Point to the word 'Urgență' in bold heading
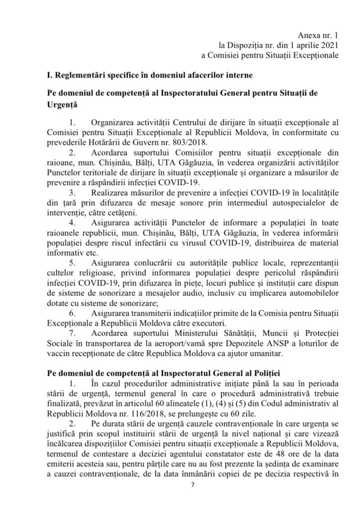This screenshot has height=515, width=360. pyautogui.click(x=59, y=107)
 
